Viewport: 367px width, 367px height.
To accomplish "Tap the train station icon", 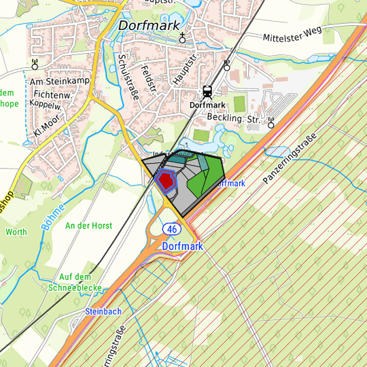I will [x=207, y=92].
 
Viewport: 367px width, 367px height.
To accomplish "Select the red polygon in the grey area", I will [x=165, y=181].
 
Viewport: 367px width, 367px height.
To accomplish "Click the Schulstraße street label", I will [x=128, y=77].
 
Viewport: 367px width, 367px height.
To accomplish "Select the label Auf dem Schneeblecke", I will [x=75, y=282].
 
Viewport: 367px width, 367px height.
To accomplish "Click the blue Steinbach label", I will [x=103, y=311].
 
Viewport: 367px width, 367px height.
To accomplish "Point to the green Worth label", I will [x=16, y=232].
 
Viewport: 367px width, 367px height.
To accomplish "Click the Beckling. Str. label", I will [x=234, y=120].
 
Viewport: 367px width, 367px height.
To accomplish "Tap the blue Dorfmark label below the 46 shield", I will [x=183, y=246].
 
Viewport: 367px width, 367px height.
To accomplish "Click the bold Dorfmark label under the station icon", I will [x=207, y=105].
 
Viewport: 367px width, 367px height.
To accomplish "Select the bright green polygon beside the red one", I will [x=198, y=181].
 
